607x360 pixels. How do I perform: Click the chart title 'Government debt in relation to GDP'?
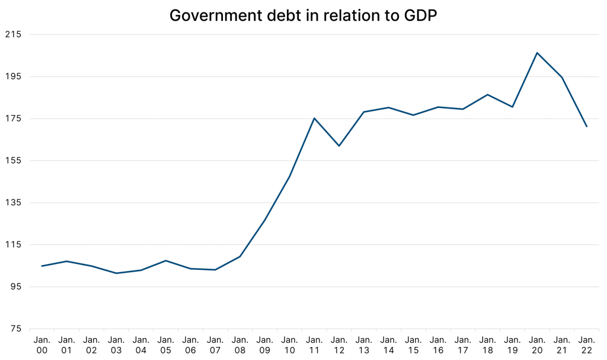coord(303,15)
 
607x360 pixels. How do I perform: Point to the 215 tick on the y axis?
coord(12,34)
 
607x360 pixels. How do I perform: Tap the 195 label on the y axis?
coord(12,77)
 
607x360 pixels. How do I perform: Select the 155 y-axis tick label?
coord(12,161)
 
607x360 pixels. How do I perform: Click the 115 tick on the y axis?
coord(12,245)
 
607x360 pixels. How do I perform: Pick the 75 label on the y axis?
coord(15,329)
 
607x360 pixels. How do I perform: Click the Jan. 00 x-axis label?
coord(41,345)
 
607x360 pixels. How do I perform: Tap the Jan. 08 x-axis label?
coord(240,345)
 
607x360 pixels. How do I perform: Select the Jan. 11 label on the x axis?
coord(314,345)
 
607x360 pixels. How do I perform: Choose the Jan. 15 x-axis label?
coord(413,345)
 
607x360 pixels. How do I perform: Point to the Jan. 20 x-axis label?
coord(537,345)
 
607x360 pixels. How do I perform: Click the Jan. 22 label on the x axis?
coord(587,345)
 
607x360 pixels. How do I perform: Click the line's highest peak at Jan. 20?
coord(537,53)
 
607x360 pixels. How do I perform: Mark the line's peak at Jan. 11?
coord(314,118)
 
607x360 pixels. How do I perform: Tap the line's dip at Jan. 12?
coord(339,146)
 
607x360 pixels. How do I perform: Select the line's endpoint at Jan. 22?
coord(587,126)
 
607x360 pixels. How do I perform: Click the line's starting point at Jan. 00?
coord(41,266)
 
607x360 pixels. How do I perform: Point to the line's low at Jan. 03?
coord(116,273)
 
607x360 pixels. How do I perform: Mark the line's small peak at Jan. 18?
coord(487,94)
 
